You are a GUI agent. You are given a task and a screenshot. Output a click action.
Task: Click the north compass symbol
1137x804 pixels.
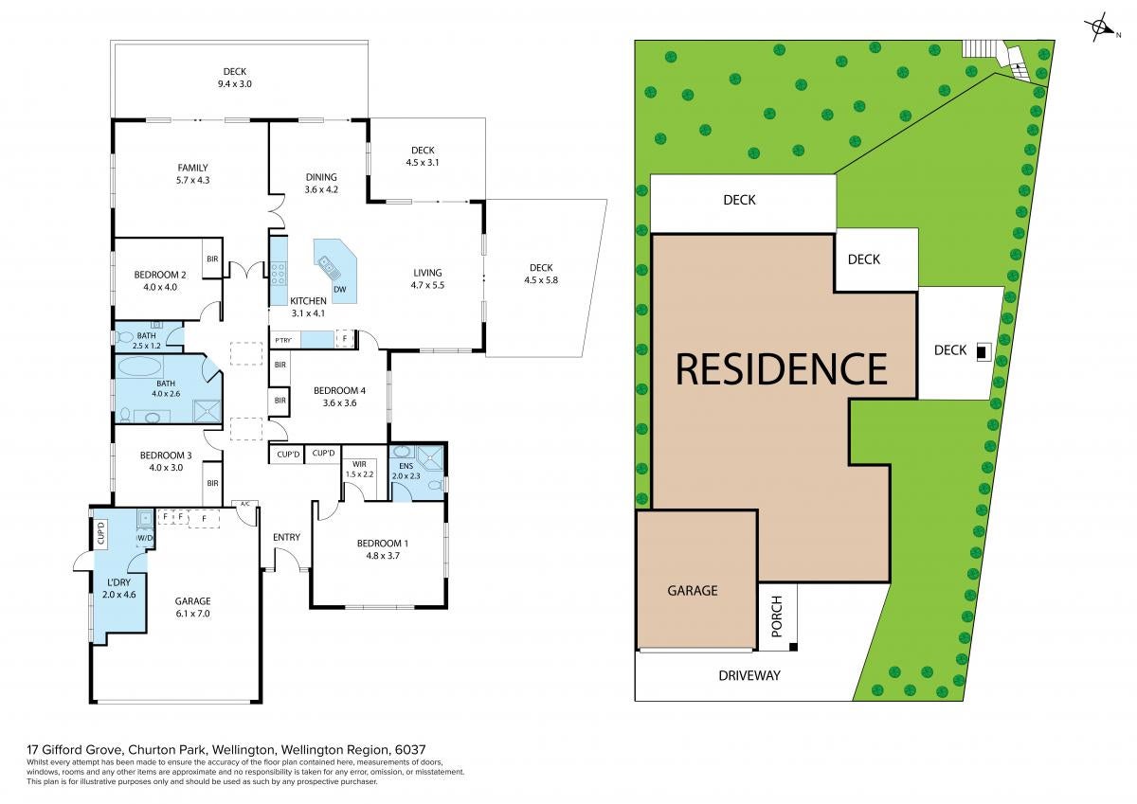tap(1099, 27)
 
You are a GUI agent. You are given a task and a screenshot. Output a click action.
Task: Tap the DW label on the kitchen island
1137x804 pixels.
tap(339, 289)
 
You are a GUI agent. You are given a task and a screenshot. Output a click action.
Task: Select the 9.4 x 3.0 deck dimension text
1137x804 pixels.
tap(235, 83)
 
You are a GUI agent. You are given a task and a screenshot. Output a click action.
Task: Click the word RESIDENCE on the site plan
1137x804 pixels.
tap(782, 368)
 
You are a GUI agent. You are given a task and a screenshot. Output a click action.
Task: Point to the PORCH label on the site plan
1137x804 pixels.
tap(777, 616)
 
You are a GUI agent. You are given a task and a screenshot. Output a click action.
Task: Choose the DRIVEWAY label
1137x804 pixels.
tap(749, 675)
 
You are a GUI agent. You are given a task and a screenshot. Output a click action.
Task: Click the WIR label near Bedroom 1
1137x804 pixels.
tap(359, 464)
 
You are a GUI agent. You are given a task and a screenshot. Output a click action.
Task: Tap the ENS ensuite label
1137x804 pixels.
tap(406, 466)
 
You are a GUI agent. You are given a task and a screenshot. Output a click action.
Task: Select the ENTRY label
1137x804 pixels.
tap(286, 537)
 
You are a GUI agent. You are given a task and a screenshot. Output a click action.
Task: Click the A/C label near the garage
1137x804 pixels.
tap(245, 504)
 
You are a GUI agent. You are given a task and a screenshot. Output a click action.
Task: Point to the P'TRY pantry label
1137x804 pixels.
tap(283, 340)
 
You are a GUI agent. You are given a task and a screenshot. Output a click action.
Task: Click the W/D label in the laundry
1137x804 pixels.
tap(145, 537)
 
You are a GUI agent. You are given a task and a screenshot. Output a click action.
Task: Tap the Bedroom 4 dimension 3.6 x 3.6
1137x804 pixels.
tap(339, 402)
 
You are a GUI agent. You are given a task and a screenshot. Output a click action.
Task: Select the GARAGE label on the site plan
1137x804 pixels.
tap(693, 590)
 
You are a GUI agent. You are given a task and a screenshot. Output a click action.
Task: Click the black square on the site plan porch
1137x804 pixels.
tap(793, 647)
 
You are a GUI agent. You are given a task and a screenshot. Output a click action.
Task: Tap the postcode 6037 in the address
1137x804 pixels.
tap(410, 749)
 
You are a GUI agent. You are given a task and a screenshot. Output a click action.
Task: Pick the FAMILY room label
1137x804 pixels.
tap(192, 168)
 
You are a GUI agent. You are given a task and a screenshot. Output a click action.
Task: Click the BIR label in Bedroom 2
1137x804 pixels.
tap(212, 259)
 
